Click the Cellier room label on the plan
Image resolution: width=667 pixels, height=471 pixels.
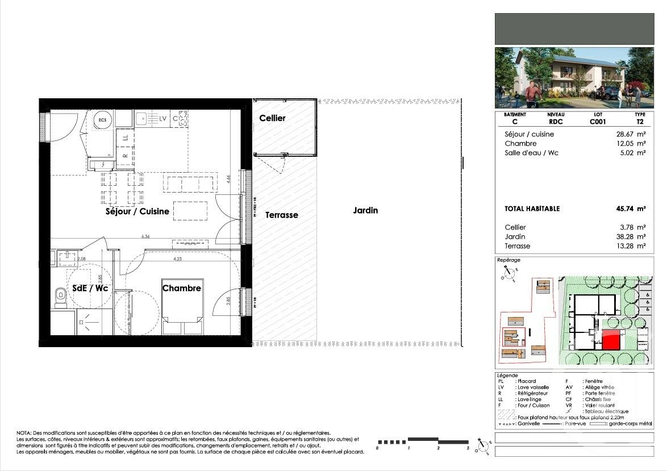272,118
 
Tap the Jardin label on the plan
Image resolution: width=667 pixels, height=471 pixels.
365,210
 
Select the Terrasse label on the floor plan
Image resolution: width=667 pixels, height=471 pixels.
281,215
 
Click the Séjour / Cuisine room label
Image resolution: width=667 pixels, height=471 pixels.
137,211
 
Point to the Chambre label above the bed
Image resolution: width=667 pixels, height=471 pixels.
182,288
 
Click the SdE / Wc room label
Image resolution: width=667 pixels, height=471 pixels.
90,288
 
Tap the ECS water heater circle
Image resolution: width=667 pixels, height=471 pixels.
103,120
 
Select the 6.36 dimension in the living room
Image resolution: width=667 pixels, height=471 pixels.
145,236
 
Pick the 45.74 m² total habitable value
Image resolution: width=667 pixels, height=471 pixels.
632,209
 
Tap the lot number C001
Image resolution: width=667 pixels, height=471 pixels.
597,122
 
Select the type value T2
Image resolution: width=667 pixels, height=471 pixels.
640,122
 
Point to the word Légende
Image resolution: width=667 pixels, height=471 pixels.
507,376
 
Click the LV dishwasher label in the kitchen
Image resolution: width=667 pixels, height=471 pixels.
163,119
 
